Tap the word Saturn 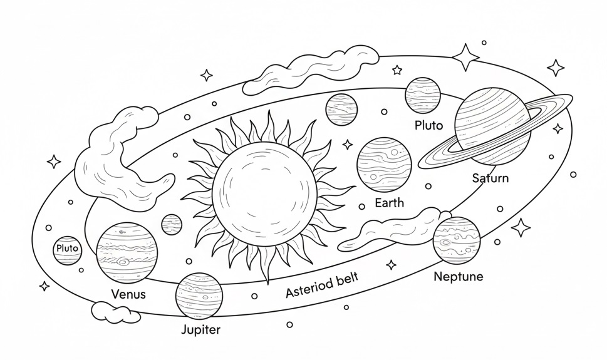[x=490, y=178]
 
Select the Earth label [x=390, y=202]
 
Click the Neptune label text [x=459, y=277]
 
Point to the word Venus [x=128, y=294]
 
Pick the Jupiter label [x=201, y=330]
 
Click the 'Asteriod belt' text [x=322, y=285]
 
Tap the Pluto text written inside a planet [x=68, y=248]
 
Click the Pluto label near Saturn [x=429, y=125]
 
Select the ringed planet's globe [x=492, y=126]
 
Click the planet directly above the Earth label [x=384, y=164]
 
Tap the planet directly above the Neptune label [x=457, y=240]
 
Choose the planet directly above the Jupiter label [x=199, y=296]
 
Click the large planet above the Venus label [x=127, y=253]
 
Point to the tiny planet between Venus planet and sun [x=172, y=225]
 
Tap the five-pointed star [x=397, y=70]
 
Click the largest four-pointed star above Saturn [x=465, y=57]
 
